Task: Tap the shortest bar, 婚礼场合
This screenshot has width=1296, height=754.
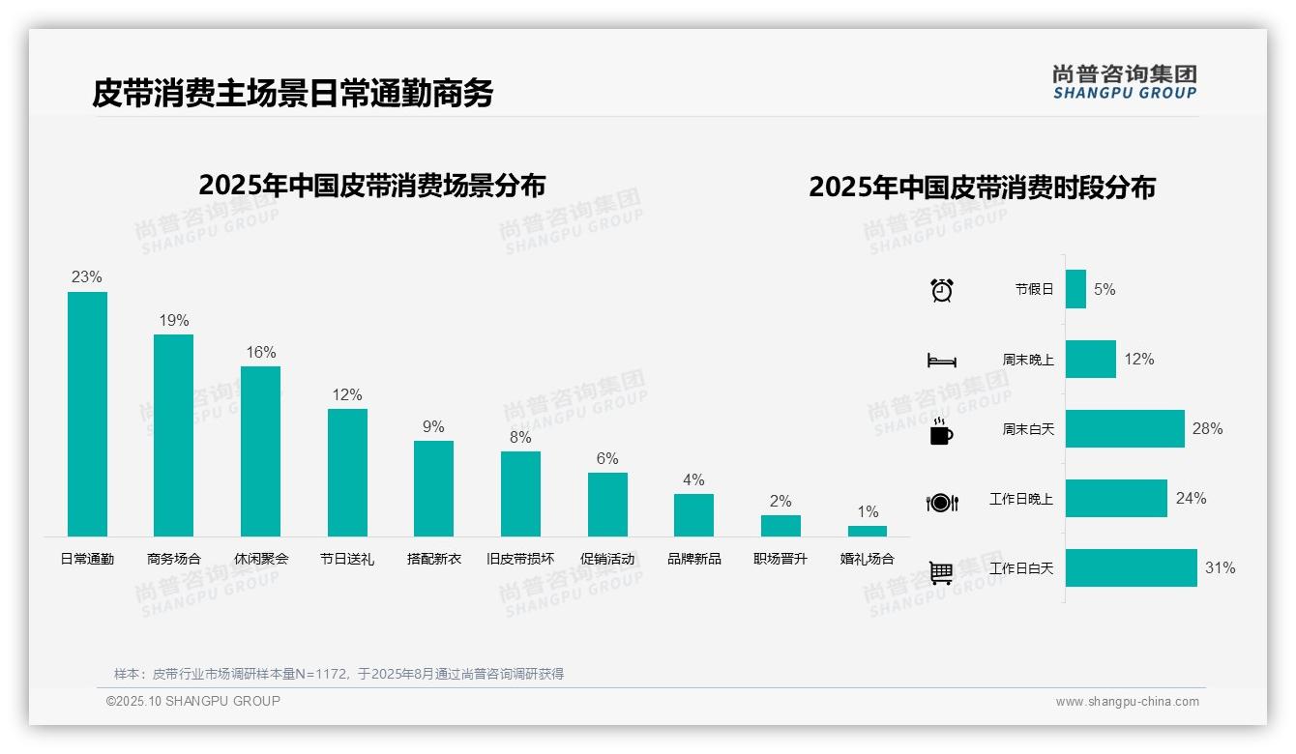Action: [x=868, y=531]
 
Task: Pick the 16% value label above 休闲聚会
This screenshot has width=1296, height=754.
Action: [x=260, y=353]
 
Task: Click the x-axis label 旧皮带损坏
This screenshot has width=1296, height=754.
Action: [x=520, y=559]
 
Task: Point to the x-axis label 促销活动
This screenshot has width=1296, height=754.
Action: [x=607, y=559]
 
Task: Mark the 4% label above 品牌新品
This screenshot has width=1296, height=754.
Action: [x=693, y=480]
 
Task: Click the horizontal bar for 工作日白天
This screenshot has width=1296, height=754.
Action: [x=1132, y=568]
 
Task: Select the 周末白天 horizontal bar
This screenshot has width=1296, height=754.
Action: [x=1125, y=429]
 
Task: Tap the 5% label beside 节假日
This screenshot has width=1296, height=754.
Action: [x=1105, y=289]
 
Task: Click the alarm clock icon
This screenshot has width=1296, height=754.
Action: [x=942, y=290]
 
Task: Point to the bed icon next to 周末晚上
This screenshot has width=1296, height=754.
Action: [x=942, y=361]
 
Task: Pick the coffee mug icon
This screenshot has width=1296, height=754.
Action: [x=941, y=431]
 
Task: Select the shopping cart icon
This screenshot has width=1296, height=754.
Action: [x=941, y=572]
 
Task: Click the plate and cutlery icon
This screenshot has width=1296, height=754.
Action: [x=942, y=502]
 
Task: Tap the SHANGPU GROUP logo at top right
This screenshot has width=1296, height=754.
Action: [x=1125, y=82]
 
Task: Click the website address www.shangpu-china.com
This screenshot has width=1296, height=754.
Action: [x=1127, y=702]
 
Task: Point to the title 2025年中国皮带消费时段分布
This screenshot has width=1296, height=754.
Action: [x=982, y=188]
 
